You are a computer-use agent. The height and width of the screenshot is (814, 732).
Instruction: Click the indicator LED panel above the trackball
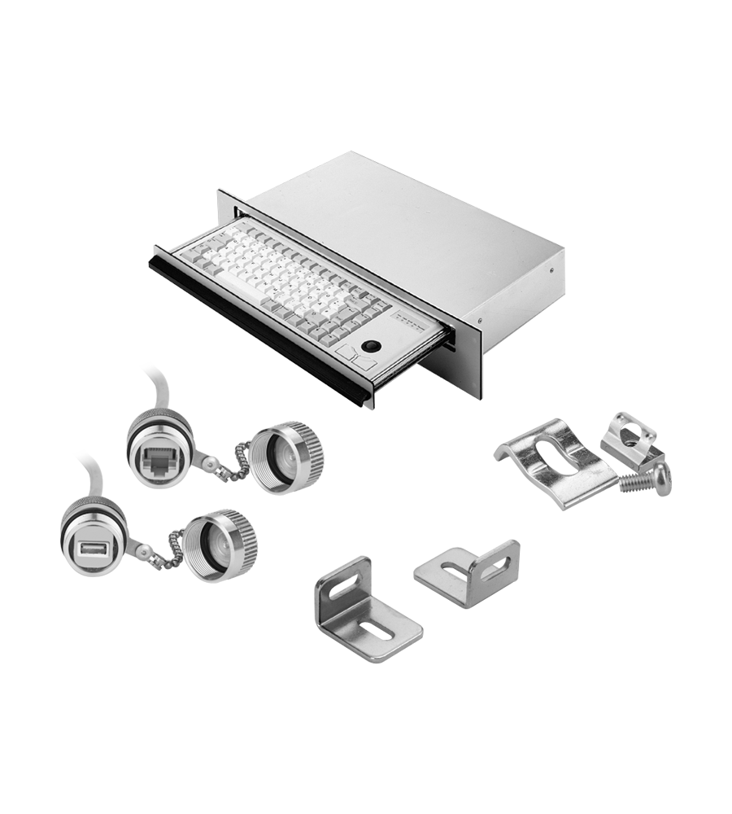click(411, 320)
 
